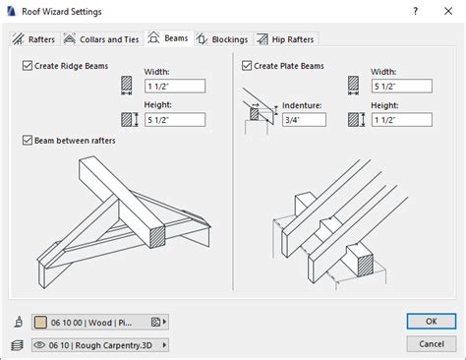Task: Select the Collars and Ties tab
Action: point(101,39)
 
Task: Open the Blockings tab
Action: point(221,39)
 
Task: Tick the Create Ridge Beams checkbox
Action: point(27,66)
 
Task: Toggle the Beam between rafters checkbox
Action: point(27,141)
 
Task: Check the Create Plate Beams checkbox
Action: point(247,66)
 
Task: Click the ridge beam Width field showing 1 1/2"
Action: point(174,86)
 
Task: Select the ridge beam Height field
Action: point(174,120)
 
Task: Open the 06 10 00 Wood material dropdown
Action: point(99,321)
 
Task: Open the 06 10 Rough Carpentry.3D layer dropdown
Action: point(99,344)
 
